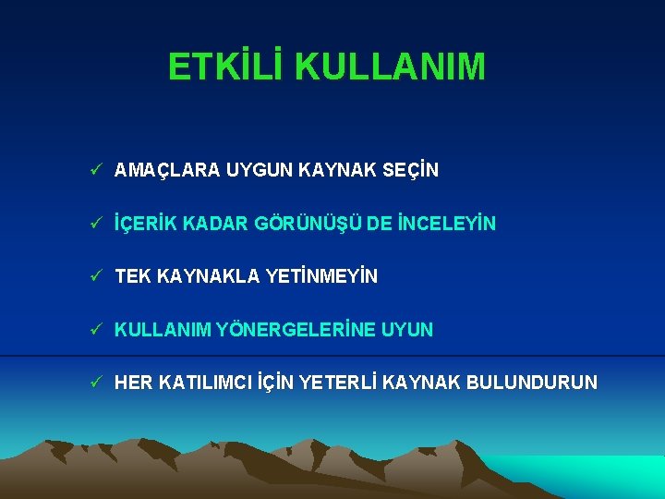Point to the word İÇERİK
coord(145,224)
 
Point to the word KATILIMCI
coord(201,383)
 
